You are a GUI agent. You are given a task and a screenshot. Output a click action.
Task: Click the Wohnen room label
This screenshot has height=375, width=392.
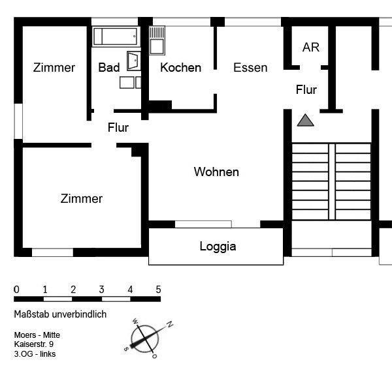(216, 172)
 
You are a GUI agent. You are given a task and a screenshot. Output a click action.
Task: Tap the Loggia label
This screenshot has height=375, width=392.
(218, 247)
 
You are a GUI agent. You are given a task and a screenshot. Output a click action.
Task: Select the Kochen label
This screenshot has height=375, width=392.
(180, 68)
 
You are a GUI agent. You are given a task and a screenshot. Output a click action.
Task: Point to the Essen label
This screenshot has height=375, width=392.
(250, 68)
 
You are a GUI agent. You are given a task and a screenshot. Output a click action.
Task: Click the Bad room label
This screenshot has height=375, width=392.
(109, 68)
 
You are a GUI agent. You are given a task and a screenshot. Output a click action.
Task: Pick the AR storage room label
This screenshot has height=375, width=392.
(310, 48)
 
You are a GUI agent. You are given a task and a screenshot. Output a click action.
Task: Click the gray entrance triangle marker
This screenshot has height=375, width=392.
(305, 120)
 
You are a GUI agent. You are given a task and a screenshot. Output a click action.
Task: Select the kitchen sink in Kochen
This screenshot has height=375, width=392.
(157, 40)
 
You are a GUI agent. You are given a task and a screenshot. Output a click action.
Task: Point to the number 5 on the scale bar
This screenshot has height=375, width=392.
(158, 290)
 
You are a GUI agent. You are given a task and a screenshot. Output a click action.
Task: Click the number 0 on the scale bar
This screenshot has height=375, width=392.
(16, 290)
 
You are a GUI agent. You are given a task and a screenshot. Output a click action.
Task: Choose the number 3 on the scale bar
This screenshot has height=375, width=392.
(102, 290)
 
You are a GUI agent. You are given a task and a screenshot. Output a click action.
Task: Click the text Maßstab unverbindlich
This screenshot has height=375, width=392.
(59, 314)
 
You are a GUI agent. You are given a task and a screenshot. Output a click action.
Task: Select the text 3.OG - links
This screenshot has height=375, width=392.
(35, 354)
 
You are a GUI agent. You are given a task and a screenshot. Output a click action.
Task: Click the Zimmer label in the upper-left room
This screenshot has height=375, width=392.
(54, 68)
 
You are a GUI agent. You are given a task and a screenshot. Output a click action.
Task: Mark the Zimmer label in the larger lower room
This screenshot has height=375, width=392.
(82, 199)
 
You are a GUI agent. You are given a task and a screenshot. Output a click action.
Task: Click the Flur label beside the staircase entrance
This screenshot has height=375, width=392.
(306, 90)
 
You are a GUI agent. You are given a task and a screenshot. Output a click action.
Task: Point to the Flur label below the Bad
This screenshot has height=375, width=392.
(118, 128)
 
